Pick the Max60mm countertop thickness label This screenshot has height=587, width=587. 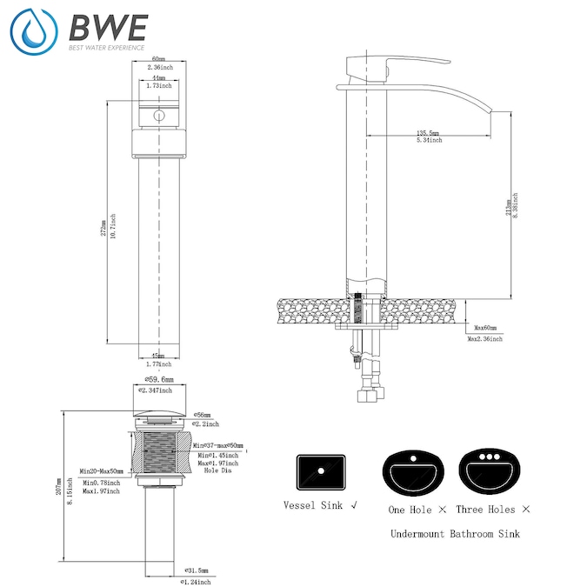(x=485, y=328)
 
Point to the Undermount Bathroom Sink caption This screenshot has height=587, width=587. (x=455, y=533)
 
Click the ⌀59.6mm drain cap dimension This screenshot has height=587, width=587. (x=158, y=380)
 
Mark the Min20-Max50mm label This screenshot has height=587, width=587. (x=101, y=471)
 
